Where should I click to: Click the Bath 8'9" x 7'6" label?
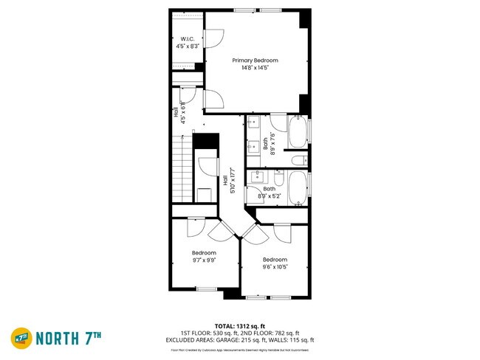270,142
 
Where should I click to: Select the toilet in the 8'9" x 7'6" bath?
298,160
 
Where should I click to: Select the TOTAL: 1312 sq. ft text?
239,325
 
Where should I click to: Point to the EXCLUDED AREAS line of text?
239,340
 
